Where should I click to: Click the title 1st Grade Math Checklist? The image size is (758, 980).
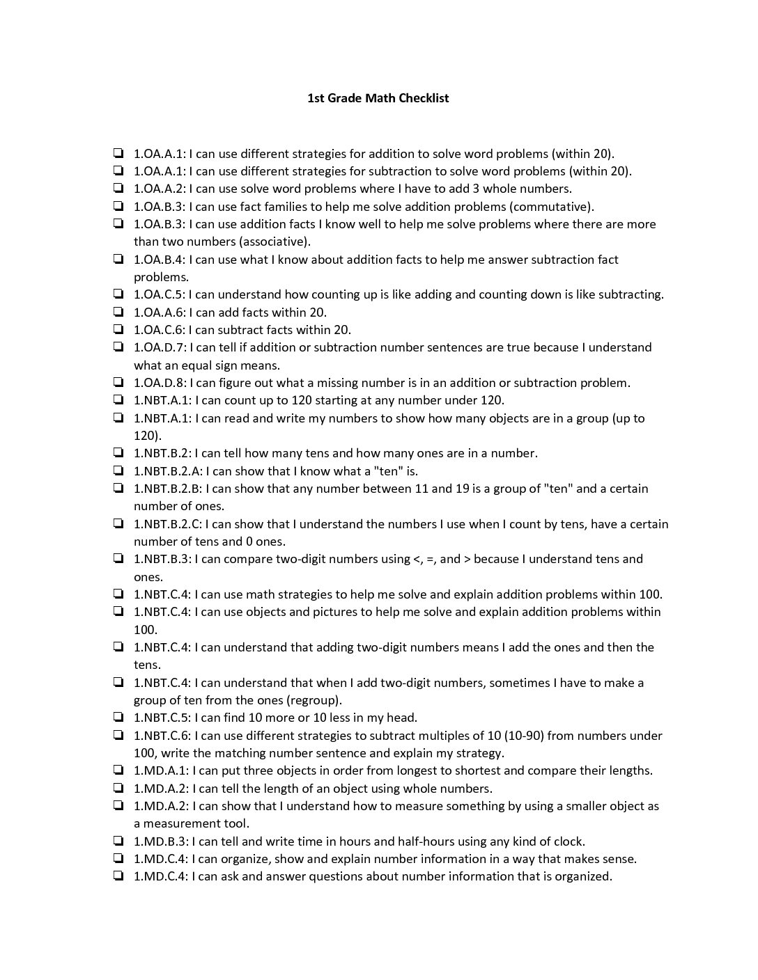pyautogui.click(x=378, y=98)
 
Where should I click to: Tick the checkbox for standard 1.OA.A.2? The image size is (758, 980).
pyautogui.click(x=118, y=189)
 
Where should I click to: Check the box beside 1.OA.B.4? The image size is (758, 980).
pyautogui.click(x=118, y=260)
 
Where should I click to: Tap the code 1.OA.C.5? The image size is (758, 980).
pyautogui.click(x=158, y=294)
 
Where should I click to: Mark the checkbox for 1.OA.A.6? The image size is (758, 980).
pyautogui.click(x=118, y=313)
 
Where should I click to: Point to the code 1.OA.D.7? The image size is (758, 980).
pyautogui.click(x=159, y=347)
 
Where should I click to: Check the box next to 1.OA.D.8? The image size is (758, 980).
pyautogui.click(x=118, y=383)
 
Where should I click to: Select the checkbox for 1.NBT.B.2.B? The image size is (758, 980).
pyautogui.click(x=118, y=489)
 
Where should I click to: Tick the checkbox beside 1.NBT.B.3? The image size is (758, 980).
pyautogui.click(x=118, y=559)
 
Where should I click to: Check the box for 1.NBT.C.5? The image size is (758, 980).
pyautogui.click(x=118, y=718)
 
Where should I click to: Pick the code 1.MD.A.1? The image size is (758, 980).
pyautogui.click(x=160, y=770)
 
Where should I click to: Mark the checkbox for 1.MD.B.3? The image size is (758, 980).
pyautogui.click(x=118, y=841)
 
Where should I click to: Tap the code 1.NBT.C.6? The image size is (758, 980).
pyautogui.click(x=162, y=736)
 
